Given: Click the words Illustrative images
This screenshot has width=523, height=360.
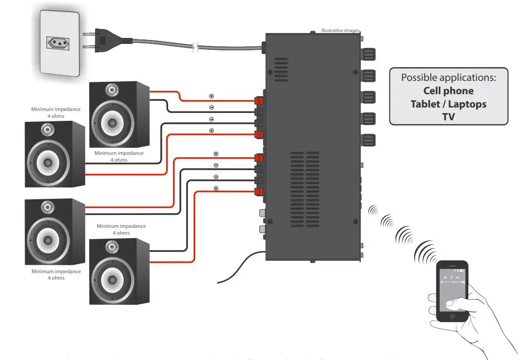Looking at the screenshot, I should pyautogui.click(x=340, y=31).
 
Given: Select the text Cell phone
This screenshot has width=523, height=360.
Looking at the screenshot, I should pyautogui.click(x=448, y=91).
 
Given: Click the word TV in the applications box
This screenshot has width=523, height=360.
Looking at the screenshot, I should pyautogui.click(x=448, y=117).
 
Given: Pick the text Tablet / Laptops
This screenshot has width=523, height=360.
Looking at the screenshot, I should pyautogui.click(x=448, y=104).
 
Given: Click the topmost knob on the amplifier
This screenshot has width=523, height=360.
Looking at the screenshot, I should pyautogui.click(x=369, y=53).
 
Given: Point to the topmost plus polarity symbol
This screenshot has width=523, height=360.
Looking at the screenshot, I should pyautogui.click(x=211, y=96).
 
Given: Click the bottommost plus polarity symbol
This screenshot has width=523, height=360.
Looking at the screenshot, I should pyautogui.click(x=216, y=188).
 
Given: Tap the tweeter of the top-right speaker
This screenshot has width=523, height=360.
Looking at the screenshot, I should pyautogui.click(x=112, y=90).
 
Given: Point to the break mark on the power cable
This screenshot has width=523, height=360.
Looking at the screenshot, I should pyautogui.click(x=196, y=48).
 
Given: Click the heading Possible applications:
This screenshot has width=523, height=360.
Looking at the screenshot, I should pyautogui.click(x=448, y=77).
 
